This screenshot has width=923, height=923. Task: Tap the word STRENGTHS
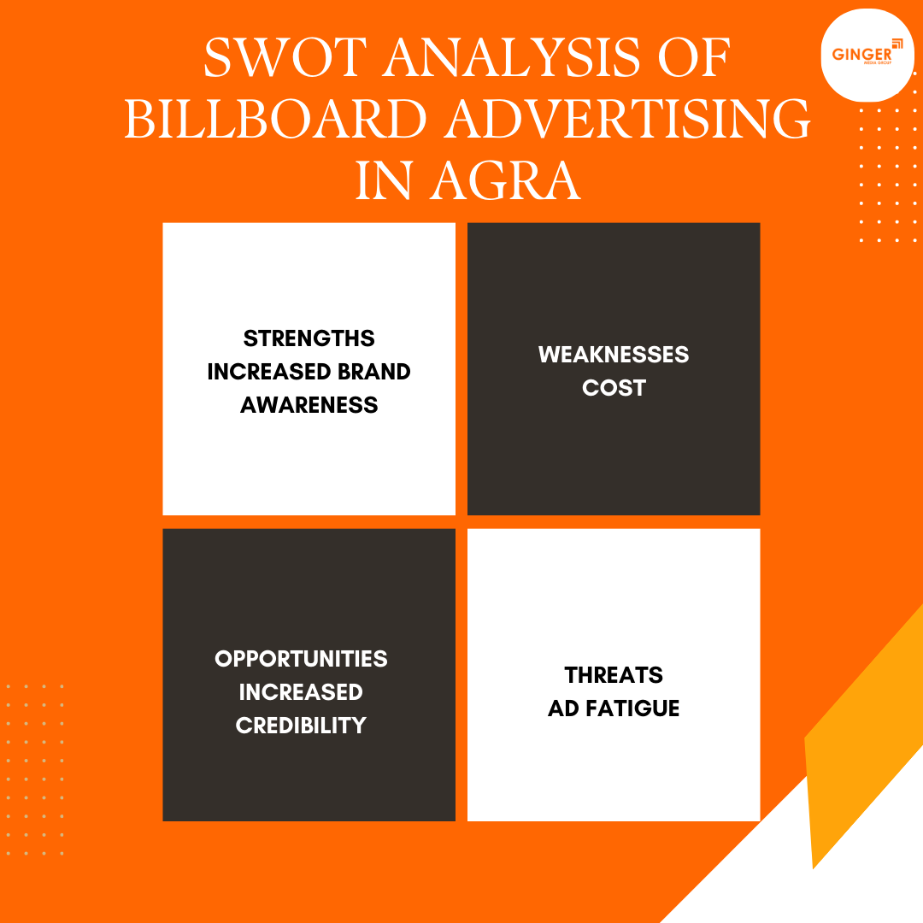click(x=309, y=338)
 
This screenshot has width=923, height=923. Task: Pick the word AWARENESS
click(x=309, y=405)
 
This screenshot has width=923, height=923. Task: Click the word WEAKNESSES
click(x=614, y=355)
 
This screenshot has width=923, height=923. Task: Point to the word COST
click(x=614, y=388)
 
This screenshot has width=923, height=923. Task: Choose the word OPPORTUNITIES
click(x=301, y=659)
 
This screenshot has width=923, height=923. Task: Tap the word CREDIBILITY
click(x=301, y=726)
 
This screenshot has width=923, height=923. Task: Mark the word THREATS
click(x=614, y=675)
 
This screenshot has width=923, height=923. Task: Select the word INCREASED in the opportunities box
click(x=301, y=692)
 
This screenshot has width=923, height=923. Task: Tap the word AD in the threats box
click(x=562, y=708)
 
